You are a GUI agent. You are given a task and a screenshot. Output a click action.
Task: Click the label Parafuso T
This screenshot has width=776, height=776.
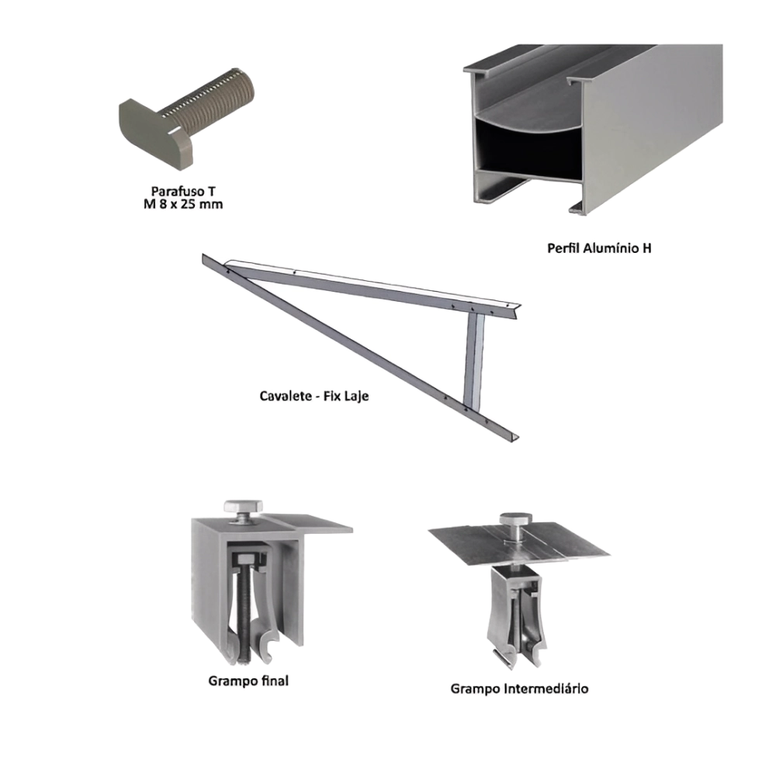tap(183, 191)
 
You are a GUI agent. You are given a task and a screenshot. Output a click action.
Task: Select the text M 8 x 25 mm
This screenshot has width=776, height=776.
tap(183, 204)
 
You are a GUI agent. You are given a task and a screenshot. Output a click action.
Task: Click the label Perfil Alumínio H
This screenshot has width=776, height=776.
tap(599, 248)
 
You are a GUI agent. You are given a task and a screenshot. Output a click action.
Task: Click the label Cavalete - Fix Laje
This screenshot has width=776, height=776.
tap(314, 396)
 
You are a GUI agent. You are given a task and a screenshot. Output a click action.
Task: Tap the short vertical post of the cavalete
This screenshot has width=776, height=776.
tap(475, 362)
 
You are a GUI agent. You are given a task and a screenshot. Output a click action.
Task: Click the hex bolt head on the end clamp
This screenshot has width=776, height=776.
tap(243, 506)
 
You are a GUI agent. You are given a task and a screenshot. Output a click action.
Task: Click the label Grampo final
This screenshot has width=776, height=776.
tap(248, 681)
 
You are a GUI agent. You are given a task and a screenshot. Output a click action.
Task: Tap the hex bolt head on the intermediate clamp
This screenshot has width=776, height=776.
tap(515, 520)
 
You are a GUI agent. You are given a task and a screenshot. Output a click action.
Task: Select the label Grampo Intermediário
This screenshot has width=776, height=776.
tap(520, 688)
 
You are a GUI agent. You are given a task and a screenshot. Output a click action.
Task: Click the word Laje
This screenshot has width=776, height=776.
tap(357, 397)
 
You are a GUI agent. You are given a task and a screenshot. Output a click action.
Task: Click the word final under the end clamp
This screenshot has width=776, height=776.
tap(275, 681)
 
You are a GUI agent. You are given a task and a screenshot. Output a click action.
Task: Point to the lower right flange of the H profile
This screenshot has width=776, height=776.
tap(578, 207)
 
